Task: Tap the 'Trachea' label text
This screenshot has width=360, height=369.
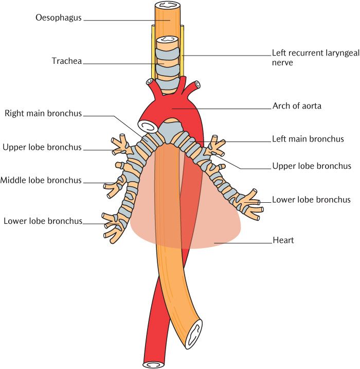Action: click(x=66, y=61)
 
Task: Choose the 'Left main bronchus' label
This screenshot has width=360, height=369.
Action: click(x=308, y=139)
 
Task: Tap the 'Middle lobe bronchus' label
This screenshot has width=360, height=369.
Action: click(x=41, y=180)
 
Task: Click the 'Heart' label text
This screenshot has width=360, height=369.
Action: click(x=283, y=240)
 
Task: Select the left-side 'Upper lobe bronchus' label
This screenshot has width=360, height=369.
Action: click(x=42, y=147)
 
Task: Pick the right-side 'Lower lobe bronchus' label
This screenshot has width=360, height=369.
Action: click(x=311, y=200)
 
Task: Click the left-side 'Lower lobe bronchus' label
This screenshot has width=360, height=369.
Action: click(x=43, y=221)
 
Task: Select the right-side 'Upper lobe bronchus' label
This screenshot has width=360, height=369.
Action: click(x=311, y=166)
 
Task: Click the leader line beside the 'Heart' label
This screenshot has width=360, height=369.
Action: click(x=242, y=241)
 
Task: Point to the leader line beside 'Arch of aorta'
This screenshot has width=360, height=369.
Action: click(x=226, y=108)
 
